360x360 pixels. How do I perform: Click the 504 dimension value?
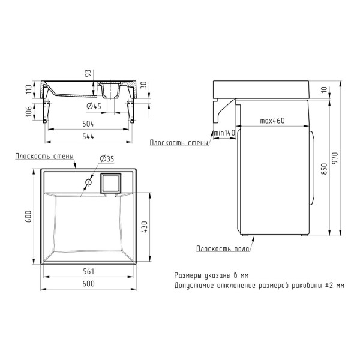88,124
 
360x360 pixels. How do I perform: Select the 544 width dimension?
88,137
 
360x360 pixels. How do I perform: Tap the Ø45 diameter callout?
94,106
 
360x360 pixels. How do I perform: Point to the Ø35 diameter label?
107,158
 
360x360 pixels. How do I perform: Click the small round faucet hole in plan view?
88,182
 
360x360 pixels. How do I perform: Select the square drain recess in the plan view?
110,183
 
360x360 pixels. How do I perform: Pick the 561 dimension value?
88,271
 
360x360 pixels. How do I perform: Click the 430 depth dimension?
145,227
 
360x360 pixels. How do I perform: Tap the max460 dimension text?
272,121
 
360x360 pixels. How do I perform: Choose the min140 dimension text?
224,133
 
